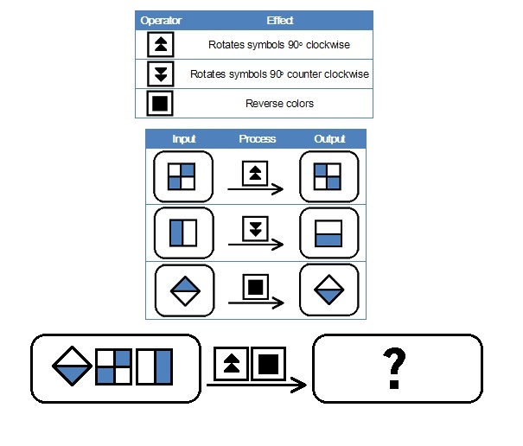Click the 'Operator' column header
click(161, 21)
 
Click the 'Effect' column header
click(280, 21)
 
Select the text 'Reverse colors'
click(279, 104)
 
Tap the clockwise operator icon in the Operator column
click(161, 44)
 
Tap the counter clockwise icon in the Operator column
click(161, 73)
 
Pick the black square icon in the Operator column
click(160, 103)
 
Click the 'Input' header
click(184, 139)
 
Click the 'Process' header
click(257, 139)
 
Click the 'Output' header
click(329, 139)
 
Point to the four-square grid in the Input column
click(182, 176)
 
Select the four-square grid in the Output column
click(328, 176)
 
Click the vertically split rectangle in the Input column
click(183, 233)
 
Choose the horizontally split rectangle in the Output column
click(328, 233)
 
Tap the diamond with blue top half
click(185, 291)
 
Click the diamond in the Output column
click(328, 290)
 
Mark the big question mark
click(394, 368)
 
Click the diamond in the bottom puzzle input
click(72, 366)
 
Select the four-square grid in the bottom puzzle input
click(113, 366)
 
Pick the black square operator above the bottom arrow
click(268, 364)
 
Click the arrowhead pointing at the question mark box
click(299, 385)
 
